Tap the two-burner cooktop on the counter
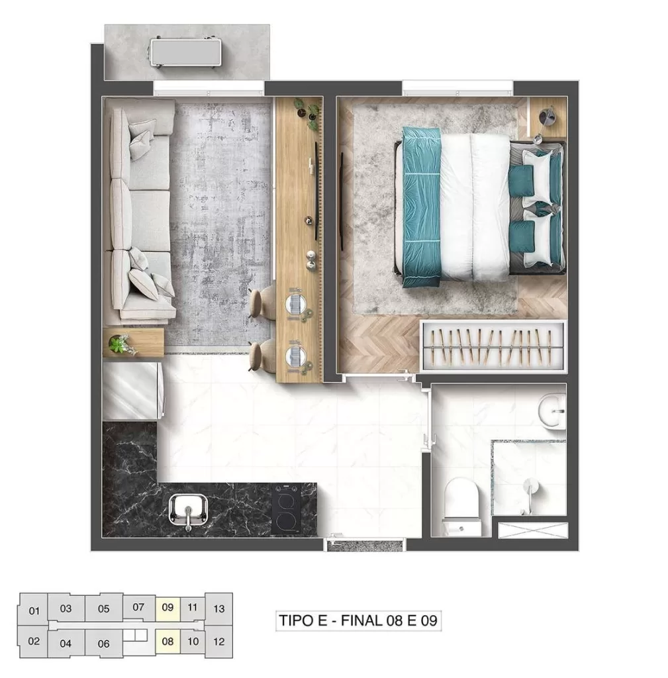[x=286, y=508]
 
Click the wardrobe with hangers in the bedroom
[x=493, y=347]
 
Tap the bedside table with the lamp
[x=548, y=119]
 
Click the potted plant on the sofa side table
[x=121, y=344]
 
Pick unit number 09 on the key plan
[x=167, y=607]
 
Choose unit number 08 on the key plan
[x=167, y=641]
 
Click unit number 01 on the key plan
[x=35, y=610]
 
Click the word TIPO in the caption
[x=296, y=621]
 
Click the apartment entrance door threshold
[x=365, y=546]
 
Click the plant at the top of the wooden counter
[x=308, y=113]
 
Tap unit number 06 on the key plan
[x=103, y=643]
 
